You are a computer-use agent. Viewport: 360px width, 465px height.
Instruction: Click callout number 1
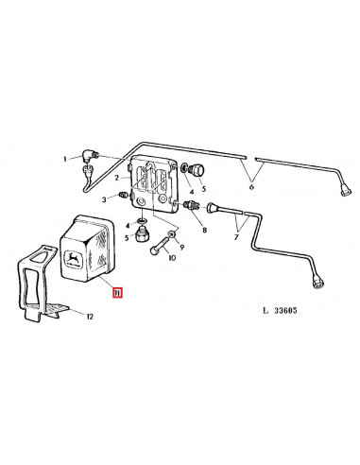(65, 159)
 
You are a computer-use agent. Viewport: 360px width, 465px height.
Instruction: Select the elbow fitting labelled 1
(90, 157)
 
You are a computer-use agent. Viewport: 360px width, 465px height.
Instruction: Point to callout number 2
(116, 178)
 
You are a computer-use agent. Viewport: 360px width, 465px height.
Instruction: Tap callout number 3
(104, 199)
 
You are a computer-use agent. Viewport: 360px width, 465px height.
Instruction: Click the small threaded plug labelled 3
(123, 196)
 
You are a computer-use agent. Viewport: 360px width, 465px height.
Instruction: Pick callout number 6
(251, 187)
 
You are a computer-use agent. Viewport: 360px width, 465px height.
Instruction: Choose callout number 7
(236, 237)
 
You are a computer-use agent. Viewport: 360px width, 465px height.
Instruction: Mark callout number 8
(205, 231)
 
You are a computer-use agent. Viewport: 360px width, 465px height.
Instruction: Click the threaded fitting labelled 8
(191, 205)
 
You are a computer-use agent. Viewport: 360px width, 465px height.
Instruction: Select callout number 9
(182, 248)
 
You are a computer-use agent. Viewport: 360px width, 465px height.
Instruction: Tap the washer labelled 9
(172, 235)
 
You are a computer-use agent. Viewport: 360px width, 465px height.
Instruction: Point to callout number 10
(172, 258)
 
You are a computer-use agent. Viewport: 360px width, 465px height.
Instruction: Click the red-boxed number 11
(118, 294)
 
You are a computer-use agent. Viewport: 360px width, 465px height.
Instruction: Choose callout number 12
(90, 317)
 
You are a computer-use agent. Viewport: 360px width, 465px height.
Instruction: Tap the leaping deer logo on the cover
(74, 259)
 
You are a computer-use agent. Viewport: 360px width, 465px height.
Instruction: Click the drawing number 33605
(285, 311)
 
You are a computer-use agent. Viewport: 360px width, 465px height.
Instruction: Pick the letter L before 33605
(266, 311)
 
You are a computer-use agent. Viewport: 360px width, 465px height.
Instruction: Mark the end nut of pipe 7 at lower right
(317, 281)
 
